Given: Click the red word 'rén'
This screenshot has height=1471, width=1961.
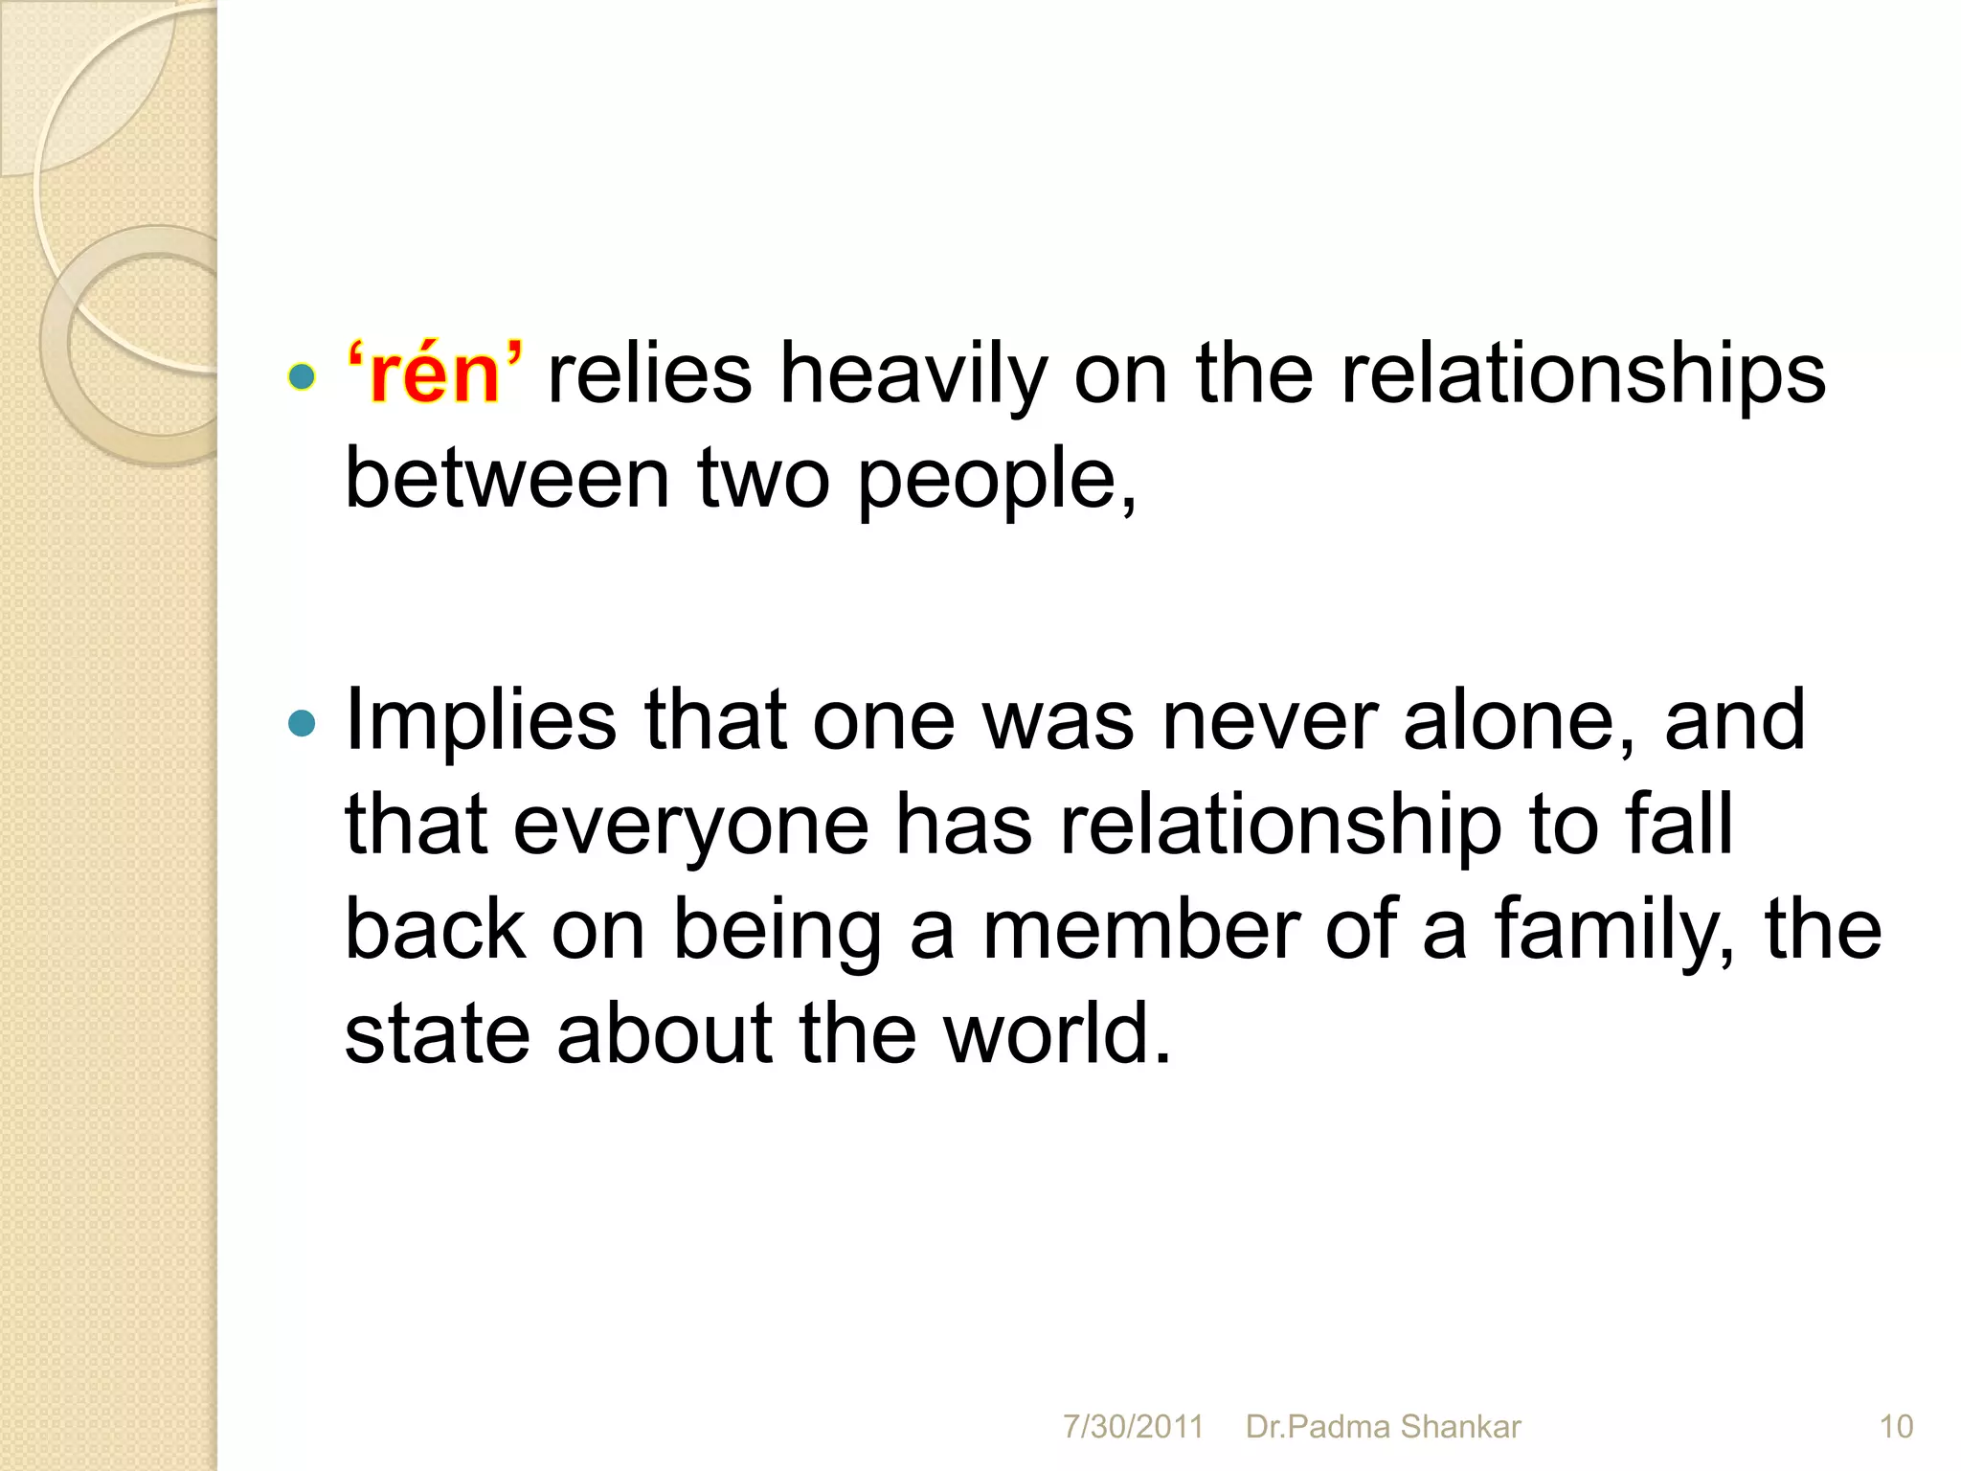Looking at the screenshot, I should tap(436, 374).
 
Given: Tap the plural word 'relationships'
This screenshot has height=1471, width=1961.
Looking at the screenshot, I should tap(1583, 374).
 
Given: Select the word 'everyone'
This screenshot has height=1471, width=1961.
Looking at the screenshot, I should tap(690, 826).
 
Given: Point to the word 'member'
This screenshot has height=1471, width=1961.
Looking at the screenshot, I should tap(1140, 931).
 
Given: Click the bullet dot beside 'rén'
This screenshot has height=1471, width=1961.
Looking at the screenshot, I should tap(302, 377).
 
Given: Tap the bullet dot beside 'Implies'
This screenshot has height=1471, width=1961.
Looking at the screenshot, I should tap(302, 723).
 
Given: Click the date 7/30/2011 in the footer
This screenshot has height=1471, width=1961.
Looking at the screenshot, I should tap(1133, 1427).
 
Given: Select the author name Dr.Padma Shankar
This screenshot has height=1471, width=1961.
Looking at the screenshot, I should tap(1383, 1427).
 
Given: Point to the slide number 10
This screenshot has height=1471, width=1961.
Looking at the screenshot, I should tap(1896, 1427).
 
